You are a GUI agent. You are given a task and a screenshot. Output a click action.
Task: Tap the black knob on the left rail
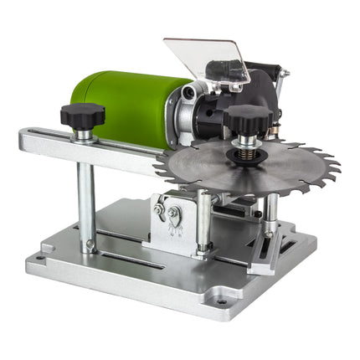(81, 116)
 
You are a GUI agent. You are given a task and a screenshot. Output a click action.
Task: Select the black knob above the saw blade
(248, 117)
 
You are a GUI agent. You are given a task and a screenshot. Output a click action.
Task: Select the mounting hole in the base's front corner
(220, 299)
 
